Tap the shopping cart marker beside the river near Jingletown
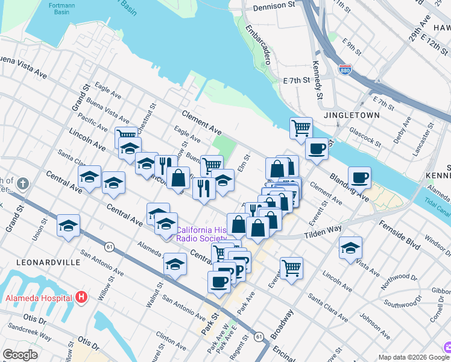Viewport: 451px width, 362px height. coord(301,128)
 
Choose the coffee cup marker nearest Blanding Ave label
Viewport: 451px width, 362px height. coord(359,177)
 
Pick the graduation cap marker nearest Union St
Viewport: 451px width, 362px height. coord(69,226)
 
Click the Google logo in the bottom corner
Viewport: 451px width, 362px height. coord(20,354)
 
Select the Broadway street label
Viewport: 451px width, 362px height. coord(283,324)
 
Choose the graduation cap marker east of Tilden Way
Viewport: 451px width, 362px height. coord(350,247)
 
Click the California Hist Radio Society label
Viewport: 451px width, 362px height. coord(202,234)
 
